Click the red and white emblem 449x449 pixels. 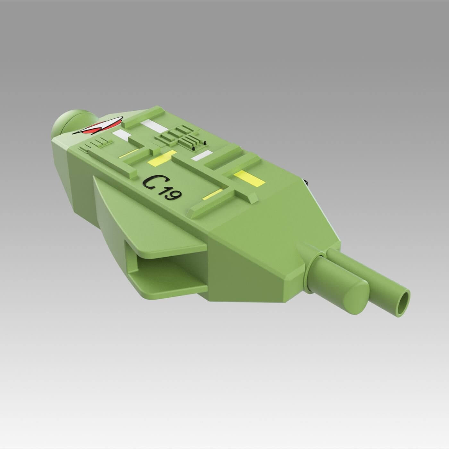[98, 128]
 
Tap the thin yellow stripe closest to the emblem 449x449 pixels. [129, 153]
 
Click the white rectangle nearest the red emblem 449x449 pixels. [122, 135]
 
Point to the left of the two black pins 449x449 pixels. [193, 148]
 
